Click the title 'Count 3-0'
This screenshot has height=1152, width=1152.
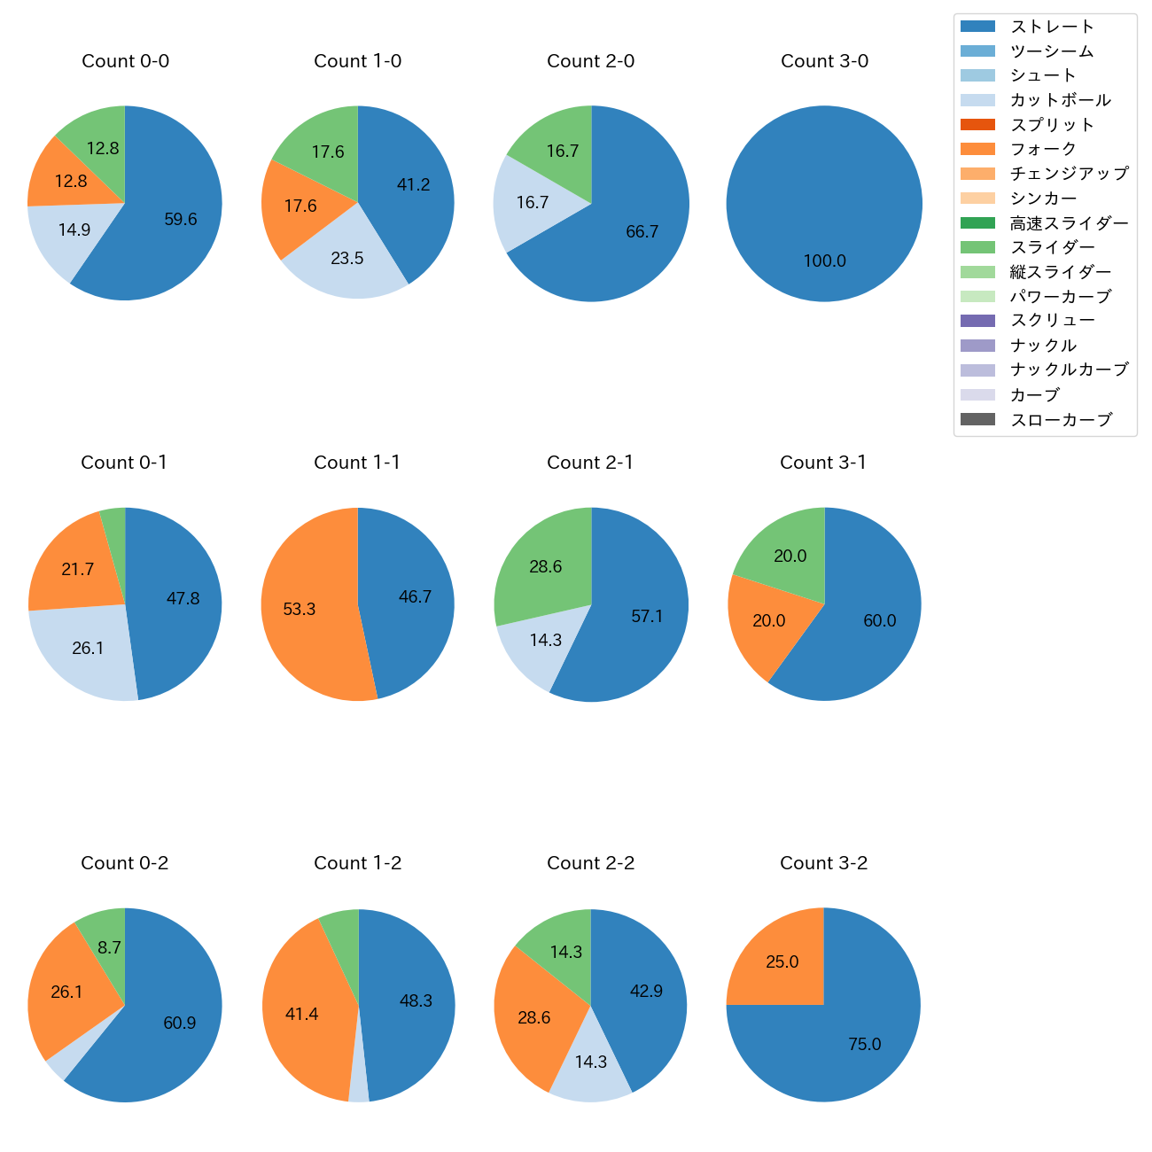pyautogui.click(x=824, y=61)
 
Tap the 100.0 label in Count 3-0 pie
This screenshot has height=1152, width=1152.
pyautogui.click(x=824, y=261)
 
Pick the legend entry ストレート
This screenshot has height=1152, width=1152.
pyautogui.click(x=1052, y=27)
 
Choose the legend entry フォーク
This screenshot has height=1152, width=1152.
pyautogui.click(x=1043, y=149)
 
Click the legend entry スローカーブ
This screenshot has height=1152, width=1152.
pyautogui.click(x=1061, y=420)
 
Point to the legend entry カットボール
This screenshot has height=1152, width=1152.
pyautogui.click(x=1060, y=100)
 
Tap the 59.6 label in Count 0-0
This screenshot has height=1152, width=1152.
pyautogui.click(x=180, y=219)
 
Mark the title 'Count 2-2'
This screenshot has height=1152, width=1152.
pyautogui.click(x=590, y=863)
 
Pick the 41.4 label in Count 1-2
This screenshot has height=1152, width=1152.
pyautogui.click(x=301, y=1014)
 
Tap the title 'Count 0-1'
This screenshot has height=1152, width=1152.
pyautogui.click(x=124, y=463)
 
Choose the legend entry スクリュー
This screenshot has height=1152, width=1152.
pyautogui.click(x=1053, y=321)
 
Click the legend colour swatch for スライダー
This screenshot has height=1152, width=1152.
pyautogui.click(x=977, y=247)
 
